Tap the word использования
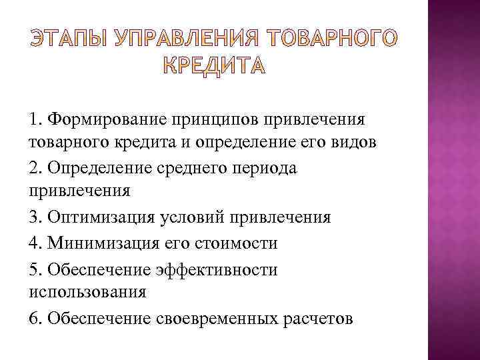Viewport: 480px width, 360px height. (87, 291)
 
